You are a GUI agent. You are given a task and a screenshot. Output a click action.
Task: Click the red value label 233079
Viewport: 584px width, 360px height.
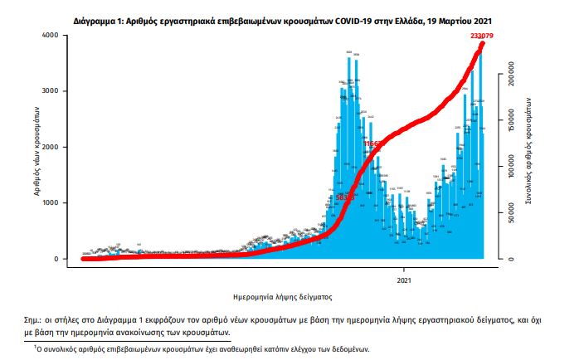point(482,36)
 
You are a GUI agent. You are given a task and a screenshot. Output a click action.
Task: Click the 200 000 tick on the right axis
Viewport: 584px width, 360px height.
point(514,74)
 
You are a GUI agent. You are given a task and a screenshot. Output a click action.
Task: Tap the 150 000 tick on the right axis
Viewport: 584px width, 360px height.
point(514,120)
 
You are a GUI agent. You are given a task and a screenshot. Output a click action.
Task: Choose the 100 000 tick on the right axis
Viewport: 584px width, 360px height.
point(514,167)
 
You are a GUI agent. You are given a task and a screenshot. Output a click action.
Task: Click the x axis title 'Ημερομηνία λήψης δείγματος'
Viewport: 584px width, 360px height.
point(279,294)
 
